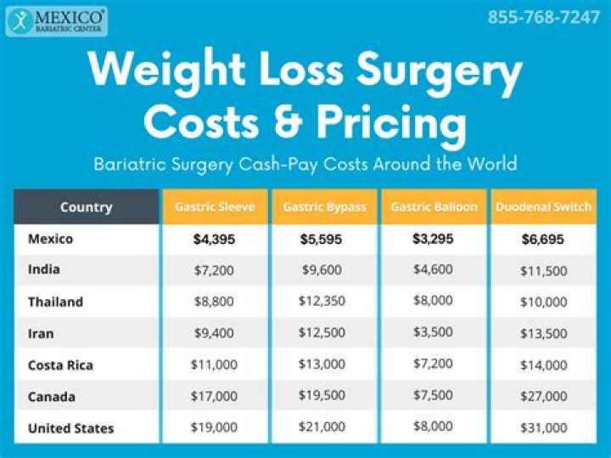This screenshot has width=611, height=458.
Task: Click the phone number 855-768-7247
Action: (x=543, y=18)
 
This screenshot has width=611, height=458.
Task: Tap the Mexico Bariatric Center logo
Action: (x=56, y=21)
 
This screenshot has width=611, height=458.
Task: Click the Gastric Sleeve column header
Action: (x=215, y=207)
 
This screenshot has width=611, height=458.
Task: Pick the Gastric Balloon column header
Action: (x=434, y=207)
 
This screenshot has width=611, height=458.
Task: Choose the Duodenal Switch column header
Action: (x=543, y=207)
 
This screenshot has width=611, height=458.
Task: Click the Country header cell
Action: (x=86, y=207)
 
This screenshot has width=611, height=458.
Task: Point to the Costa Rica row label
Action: (x=60, y=365)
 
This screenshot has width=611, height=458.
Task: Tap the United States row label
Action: (x=70, y=428)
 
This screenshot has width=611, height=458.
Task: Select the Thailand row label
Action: (x=55, y=302)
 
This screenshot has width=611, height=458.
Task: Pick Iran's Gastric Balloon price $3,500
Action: (x=434, y=333)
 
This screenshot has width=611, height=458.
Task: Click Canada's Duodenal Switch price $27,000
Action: (x=543, y=397)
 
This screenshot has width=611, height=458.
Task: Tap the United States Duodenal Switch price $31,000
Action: (x=543, y=428)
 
